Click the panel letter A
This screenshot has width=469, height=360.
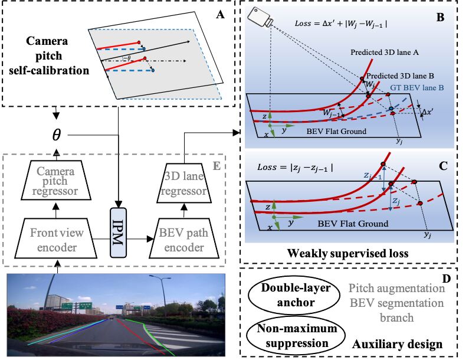tap(221, 16)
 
